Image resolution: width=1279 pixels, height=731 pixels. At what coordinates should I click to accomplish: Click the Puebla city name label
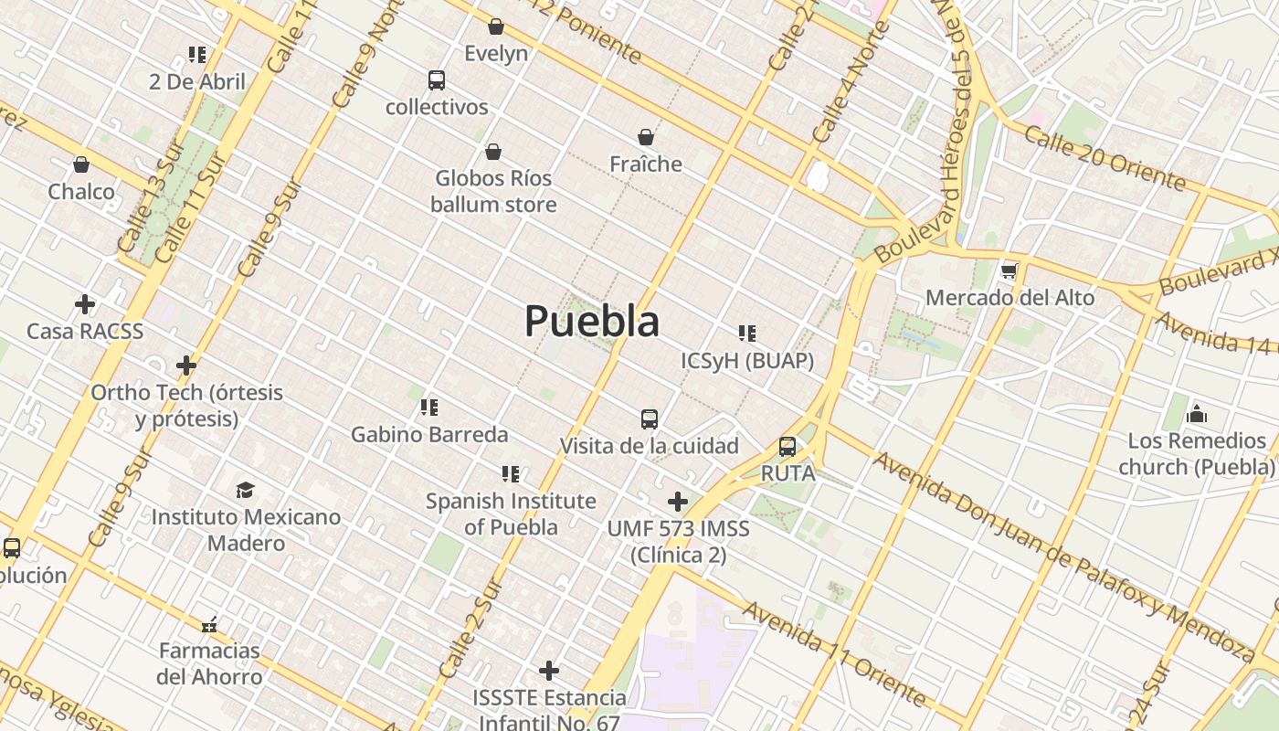click(592, 321)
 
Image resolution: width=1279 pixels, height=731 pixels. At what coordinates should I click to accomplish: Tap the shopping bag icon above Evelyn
click(496, 26)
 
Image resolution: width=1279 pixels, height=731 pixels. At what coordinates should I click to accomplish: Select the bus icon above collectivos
click(437, 80)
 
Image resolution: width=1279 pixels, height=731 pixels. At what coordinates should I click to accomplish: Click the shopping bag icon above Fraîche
click(646, 137)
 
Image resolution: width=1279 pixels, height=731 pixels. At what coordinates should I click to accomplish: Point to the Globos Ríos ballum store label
click(493, 191)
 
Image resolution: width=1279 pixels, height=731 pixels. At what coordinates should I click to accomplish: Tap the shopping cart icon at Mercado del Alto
click(1009, 270)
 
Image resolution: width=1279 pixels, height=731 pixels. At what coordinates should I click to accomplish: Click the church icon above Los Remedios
click(1197, 414)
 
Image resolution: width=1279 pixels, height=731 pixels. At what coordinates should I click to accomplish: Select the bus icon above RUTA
click(787, 447)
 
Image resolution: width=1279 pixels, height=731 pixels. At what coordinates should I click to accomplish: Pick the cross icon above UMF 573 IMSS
click(678, 502)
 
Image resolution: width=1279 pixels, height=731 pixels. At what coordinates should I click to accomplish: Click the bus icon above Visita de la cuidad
click(650, 419)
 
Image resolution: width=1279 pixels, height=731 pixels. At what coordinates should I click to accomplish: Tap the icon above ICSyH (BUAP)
click(747, 334)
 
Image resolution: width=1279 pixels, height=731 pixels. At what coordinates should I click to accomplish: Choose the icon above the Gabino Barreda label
click(429, 407)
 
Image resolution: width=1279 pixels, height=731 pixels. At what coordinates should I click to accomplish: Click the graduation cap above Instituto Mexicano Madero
click(246, 490)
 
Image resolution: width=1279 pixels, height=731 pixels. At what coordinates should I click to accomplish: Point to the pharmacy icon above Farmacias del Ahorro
click(209, 624)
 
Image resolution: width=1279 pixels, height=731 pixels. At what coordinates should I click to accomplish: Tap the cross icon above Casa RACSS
click(85, 303)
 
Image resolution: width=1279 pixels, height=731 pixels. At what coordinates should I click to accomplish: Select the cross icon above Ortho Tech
click(186, 365)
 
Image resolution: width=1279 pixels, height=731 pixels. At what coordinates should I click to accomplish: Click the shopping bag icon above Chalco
click(81, 164)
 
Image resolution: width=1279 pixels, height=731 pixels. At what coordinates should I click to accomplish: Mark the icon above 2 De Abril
click(197, 55)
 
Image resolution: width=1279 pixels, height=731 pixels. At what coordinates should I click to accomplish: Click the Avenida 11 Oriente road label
click(834, 652)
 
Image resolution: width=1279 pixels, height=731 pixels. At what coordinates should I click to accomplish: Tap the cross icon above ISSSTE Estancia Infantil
click(549, 671)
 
